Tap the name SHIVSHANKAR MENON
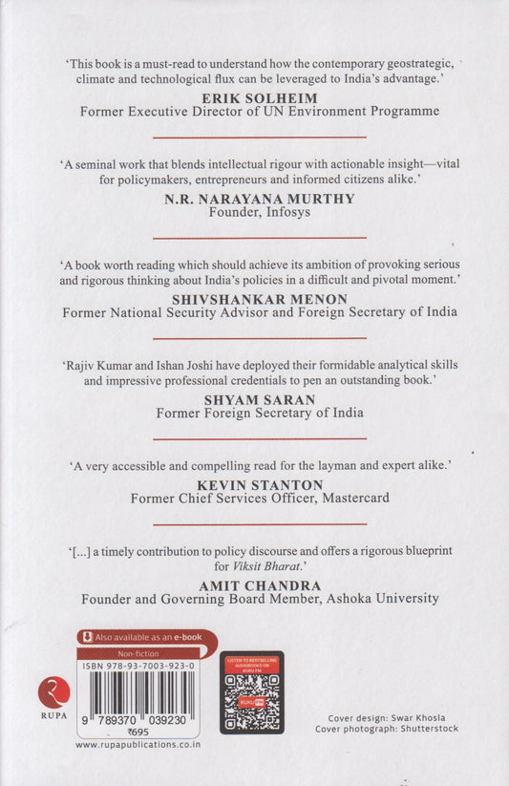[x=259, y=299]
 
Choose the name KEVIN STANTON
[x=259, y=485]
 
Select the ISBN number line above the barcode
[x=138, y=666]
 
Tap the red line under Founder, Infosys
[x=259, y=237]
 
